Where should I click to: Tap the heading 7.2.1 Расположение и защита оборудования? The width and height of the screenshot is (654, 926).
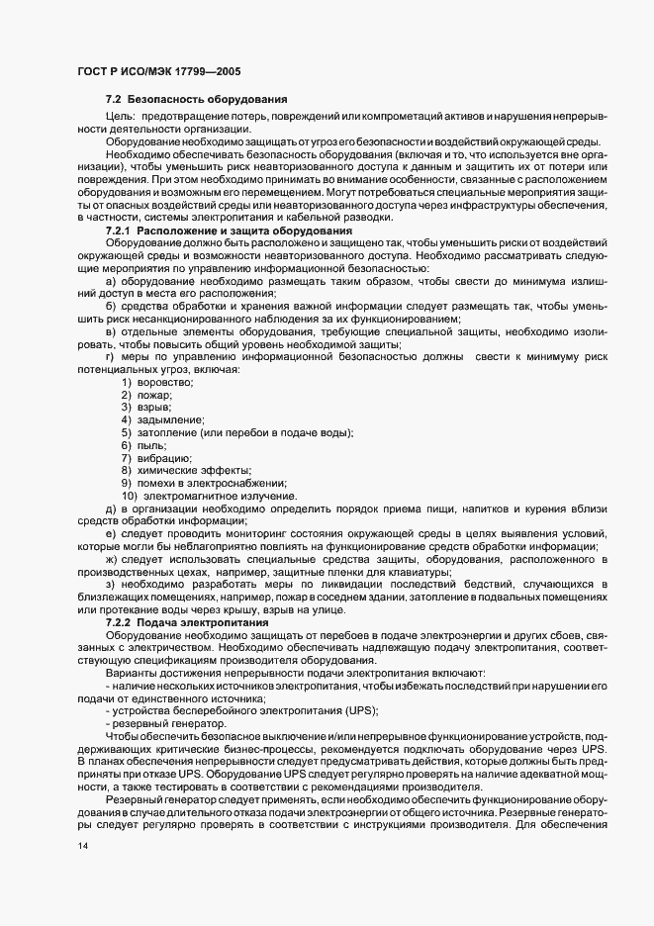pyautogui.click(x=229, y=231)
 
